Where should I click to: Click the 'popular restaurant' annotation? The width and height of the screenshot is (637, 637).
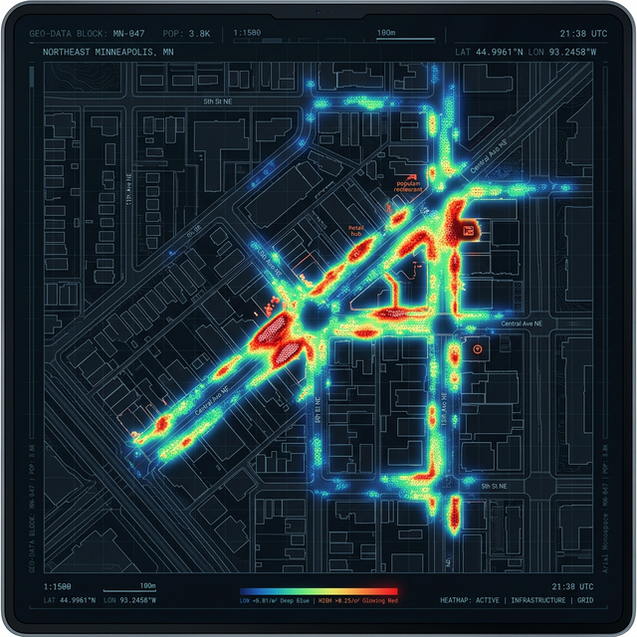pyautogui.click(x=409, y=186)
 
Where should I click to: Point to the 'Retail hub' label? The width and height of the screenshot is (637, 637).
pyautogui.click(x=356, y=231)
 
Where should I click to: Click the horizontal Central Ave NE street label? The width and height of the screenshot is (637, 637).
pyautogui.click(x=522, y=323)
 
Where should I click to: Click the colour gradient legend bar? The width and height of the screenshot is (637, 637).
pyautogui.click(x=325, y=590)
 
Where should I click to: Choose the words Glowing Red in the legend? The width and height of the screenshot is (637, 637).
pyautogui.click(x=379, y=601)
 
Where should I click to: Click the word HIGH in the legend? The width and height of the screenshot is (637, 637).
pyautogui.click(x=323, y=601)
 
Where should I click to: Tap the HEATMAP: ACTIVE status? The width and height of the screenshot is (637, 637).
pyautogui.click(x=470, y=601)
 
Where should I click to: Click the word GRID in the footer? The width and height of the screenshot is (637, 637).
pyautogui.click(x=585, y=601)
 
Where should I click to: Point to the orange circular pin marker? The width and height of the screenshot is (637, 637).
pyautogui.click(x=479, y=350)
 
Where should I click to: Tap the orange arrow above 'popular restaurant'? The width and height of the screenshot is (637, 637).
pyautogui.click(x=411, y=174)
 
